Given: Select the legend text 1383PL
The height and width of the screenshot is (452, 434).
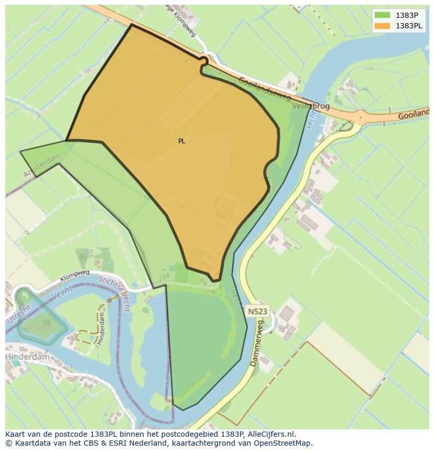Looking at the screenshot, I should (x=410, y=26).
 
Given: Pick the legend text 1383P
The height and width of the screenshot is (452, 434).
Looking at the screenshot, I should (x=407, y=15).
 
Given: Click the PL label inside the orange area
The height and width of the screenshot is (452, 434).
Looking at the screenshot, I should (x=181, y=141).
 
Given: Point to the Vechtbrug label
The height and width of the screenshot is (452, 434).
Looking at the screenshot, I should (x=311, y=106).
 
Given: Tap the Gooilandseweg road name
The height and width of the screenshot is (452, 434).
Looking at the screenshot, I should (x=264, y=89).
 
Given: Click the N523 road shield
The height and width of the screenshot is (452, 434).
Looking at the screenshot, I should (x=257, y=311).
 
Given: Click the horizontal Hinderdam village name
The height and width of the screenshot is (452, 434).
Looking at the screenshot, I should (x=27, y=356).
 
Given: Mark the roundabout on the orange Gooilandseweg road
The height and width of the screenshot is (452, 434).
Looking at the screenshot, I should (x=361, y=116).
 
